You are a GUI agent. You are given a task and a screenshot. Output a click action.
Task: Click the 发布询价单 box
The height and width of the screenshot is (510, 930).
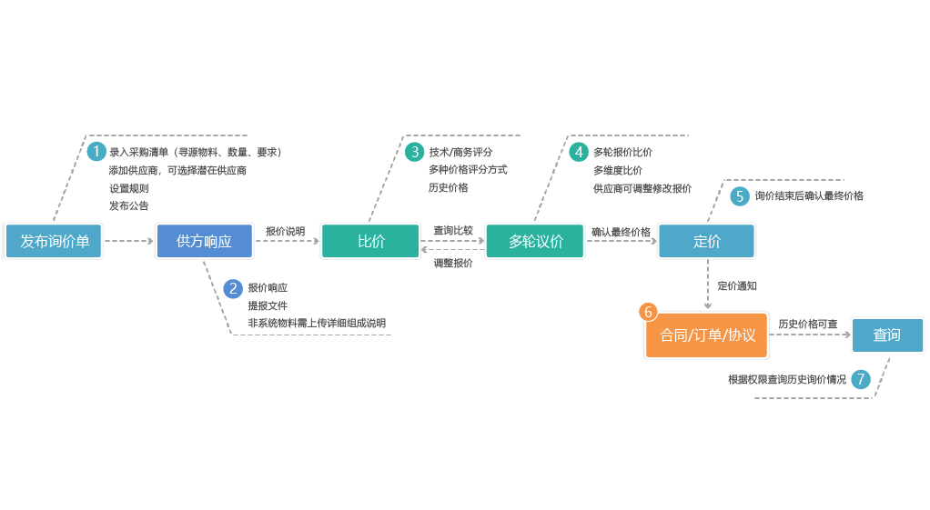coord(55,242)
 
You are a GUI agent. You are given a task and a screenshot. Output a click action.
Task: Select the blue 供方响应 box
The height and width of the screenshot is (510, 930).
coord(204,242)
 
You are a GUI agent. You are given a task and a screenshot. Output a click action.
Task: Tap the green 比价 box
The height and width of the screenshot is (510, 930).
coord(370,242)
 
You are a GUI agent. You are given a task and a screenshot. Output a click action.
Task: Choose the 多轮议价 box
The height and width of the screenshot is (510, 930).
coord(535,242)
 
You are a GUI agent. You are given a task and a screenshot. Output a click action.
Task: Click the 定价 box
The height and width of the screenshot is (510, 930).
coord(706,242)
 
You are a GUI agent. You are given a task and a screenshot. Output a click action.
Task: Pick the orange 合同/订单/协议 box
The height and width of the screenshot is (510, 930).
coord(707,335)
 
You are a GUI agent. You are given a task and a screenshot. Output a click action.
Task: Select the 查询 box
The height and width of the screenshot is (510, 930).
coord(886,335)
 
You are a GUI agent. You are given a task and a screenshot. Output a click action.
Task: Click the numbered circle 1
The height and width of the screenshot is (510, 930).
coord(96,151)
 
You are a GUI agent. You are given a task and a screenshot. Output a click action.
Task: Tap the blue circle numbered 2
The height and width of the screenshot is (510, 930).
coord(233,288)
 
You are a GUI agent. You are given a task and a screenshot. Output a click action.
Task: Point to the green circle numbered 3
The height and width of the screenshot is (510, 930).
coord(415,152)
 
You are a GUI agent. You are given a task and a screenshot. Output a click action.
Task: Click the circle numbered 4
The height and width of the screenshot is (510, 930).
coord(579,152)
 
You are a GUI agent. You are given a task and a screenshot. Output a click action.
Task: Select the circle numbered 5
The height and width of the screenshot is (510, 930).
coord(740,195)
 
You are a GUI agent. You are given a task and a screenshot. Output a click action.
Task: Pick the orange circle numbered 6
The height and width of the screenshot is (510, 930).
coord(649,312)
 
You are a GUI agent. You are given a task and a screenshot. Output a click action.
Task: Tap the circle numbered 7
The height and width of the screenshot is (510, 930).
coord(861,379)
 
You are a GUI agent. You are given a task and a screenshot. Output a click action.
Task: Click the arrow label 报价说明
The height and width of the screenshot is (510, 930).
coord(286,231)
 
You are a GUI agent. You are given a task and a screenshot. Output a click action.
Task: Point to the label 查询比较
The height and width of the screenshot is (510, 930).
coord(452,230)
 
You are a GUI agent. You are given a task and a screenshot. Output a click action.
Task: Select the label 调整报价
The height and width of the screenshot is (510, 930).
coord(452,263)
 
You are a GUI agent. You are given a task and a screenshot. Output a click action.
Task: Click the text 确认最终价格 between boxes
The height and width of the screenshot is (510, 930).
coord(621,232)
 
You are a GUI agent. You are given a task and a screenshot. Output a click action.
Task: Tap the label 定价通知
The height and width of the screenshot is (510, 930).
coord(737,285)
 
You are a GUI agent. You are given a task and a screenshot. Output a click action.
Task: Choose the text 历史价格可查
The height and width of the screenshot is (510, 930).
coord(808,324)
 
